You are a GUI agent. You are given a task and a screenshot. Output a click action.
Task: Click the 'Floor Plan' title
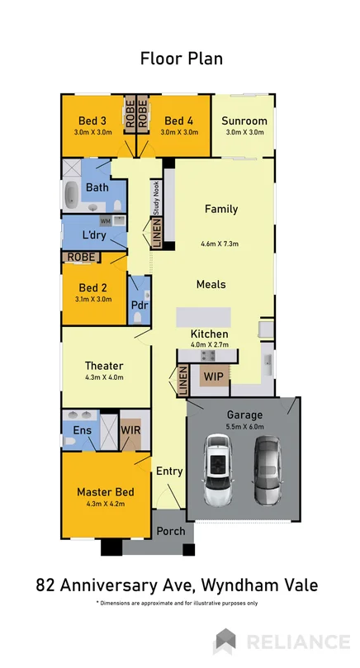point(181,59)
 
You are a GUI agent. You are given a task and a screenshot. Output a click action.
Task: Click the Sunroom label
point(244,121)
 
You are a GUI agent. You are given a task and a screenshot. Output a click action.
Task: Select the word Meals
point(211,284)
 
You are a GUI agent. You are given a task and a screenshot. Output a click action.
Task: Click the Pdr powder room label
point(140,304)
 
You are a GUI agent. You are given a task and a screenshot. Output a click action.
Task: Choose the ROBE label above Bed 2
point(80,257)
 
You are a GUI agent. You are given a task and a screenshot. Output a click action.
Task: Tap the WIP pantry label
point(212,377)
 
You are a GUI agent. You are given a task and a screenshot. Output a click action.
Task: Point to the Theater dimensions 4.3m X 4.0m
point(104,378)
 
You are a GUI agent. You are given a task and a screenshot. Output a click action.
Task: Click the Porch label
point(171,531)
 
